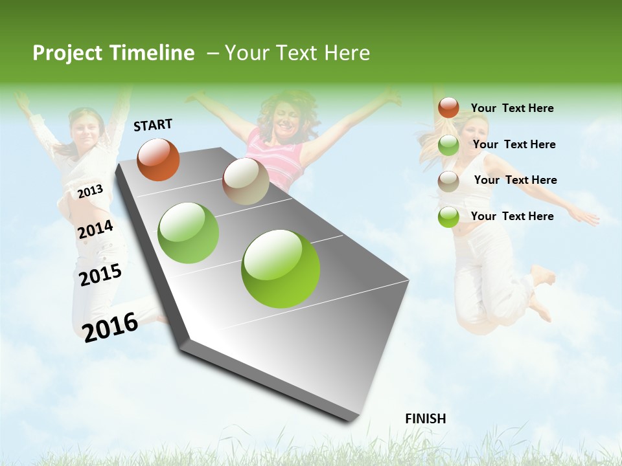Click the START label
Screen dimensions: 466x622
pos(153,125)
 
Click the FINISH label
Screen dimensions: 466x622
pos(425,419)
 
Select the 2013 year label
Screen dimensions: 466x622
pos(90,191)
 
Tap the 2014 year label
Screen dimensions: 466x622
pos(95,229)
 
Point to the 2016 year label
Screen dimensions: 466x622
pos(110,327)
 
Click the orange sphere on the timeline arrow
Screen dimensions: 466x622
pos(158,159)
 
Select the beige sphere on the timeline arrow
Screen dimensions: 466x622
pos(246,181)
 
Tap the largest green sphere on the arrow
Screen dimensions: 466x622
pos(281,269)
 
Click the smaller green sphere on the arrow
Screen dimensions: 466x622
pos(189,233)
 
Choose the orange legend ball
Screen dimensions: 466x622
pos(448,107)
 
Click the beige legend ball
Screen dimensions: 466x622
pos(448,181)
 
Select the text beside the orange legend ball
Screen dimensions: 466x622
pos(512,108)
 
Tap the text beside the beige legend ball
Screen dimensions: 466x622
pos(515,180)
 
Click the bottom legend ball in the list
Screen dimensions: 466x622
pos(448,217)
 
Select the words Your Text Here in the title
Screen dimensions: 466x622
pos(297,53)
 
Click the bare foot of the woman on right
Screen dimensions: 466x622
pos(543,275)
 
